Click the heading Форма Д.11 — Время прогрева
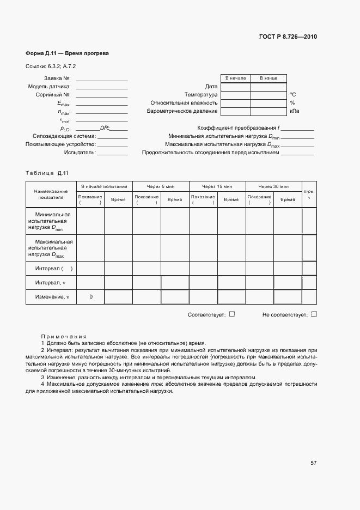(68, 54)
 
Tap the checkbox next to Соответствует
(232, 314)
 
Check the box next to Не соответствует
(314, 314)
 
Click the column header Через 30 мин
(273, 186)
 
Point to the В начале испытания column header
(104, 186)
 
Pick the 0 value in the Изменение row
(90, 297)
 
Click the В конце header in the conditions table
(268, 78)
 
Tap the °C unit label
(292, 94)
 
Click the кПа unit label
(294, 111)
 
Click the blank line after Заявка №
(102, 78)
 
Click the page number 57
(313, 463)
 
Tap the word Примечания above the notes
(64, 337)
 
